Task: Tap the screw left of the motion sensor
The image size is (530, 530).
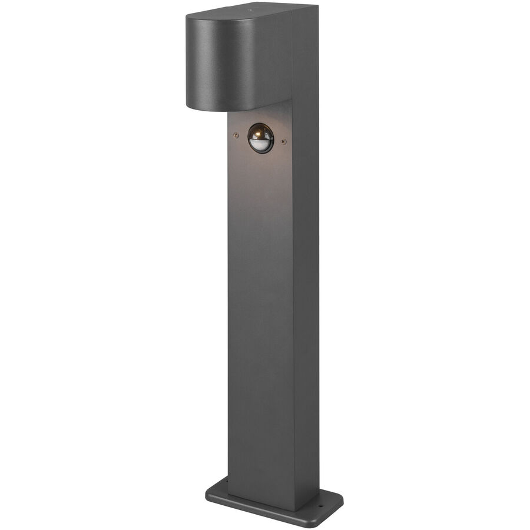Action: pyautogui.click(x=236, y=135)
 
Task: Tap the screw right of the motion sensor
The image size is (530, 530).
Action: pyautogui.click(x=284, y=141)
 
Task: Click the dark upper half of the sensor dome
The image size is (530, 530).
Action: pyautogui.click(x=261, y=131)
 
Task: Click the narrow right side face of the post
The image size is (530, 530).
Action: pyautogui.click(x=306, y=294)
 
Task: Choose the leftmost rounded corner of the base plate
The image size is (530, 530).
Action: pyautogui.click(x=208, y=492)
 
